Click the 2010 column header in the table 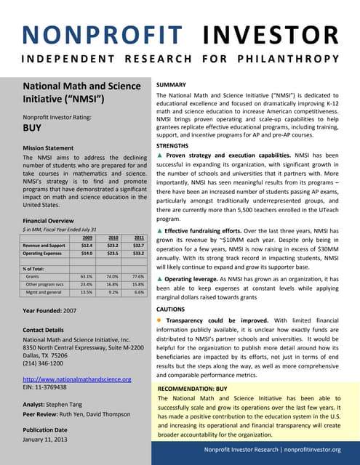(113, 238)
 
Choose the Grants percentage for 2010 (112, 277)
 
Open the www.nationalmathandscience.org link (77, 379)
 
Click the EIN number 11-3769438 (55, 388)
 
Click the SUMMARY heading (173, 85)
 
